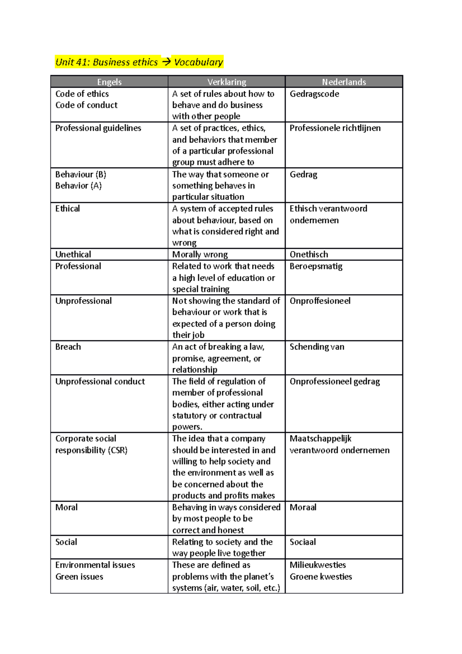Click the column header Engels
(x=109, y=82)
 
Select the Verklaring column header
(x=227, y=82)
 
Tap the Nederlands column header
(x=344, y=82)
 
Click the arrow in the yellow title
(x=166, y=62)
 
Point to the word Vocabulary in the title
(x=198, y=62)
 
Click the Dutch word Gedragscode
(x=314, y=94)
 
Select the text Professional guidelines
(x=98, y=128)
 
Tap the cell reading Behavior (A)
(x=79, y=186)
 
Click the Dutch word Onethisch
(x=309, y=255)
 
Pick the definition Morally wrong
(x=200, y=255)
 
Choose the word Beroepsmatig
(x=316, y=267)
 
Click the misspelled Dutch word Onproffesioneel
(x=320, y=301)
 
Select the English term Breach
(x=68, y=347)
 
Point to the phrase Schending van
(x=317, y=347)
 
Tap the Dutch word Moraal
(x=303, y=507)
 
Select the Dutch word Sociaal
(x=303, y=542)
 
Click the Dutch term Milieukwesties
(x=318, y=565)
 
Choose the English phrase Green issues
(x=79, y=577)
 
